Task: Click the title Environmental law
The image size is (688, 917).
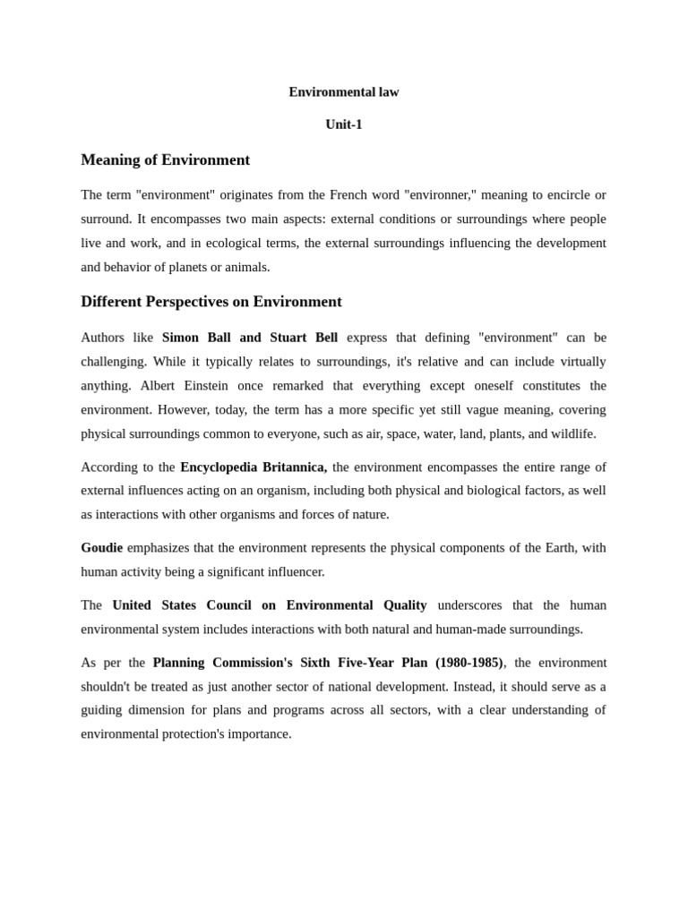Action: (x=343, y=92)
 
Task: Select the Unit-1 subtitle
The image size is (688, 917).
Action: (x=343, y=124)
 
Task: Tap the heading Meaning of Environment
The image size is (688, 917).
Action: (x=165, y=160)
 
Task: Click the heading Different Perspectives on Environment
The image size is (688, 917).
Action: (x=211, y=302)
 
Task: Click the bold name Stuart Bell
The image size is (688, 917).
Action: (x=304, y=338)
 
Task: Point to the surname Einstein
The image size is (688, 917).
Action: (x=202, y=386)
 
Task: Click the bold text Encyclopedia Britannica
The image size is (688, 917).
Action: (x=253, y=467)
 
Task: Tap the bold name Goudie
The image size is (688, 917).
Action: (x=101, y=548)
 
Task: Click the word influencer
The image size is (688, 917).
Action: (x=292, y=572)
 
